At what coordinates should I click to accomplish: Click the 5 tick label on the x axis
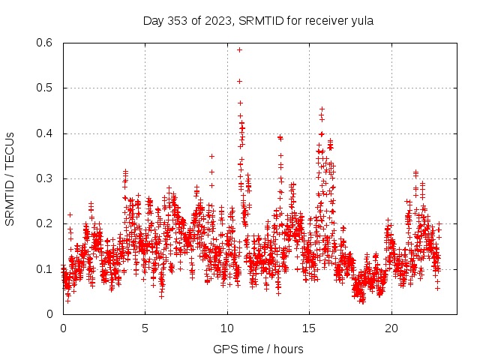coord(145,328)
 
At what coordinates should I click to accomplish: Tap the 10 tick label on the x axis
coord(227,328)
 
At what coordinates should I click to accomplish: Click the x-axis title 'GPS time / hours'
coord(258,349)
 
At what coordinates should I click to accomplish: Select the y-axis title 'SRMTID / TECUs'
coord(10,178)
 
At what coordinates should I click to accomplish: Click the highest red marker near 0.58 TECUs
coord(239,49)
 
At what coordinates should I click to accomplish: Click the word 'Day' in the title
coord(154,20)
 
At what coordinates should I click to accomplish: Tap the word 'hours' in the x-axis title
coord(288,349)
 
